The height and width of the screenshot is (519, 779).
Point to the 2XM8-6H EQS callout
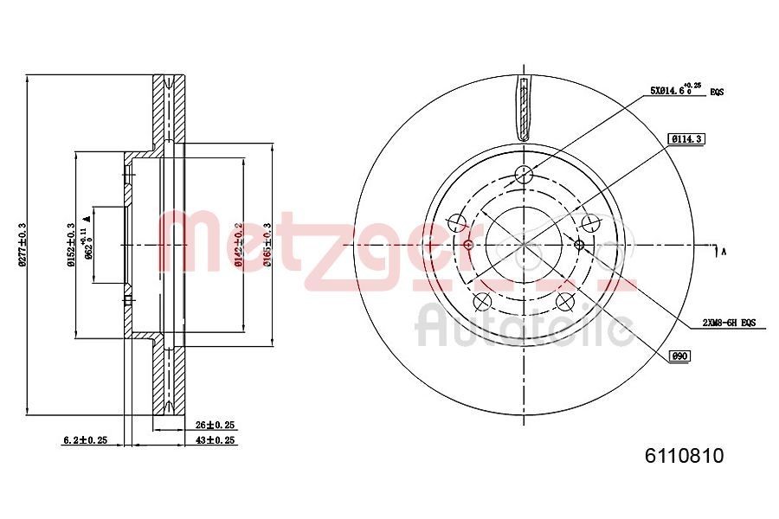729,322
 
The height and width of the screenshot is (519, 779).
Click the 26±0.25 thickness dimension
216,426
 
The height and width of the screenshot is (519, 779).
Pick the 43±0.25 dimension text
216,440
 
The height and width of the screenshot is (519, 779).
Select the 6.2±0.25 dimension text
85,440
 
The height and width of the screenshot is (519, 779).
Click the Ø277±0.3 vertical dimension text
23,246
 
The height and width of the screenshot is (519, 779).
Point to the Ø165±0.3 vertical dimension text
269,246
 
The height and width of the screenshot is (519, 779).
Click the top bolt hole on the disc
522,175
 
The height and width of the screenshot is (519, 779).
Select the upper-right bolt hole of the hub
589,224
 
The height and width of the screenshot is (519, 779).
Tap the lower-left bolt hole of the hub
482,301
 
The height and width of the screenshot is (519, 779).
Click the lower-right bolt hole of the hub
564,301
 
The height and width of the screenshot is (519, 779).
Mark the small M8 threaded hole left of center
468,245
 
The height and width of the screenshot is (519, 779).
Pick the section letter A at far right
723,252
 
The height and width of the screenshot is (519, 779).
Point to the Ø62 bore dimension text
86,246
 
